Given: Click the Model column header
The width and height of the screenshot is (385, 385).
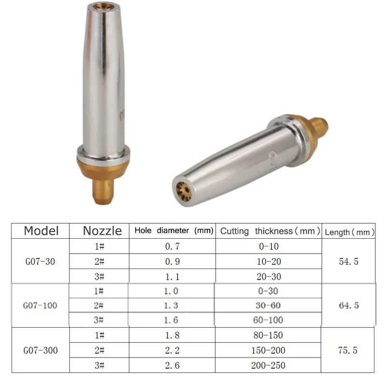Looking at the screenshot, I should pos(41,231).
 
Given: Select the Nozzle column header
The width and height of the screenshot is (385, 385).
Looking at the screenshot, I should pos(102,231).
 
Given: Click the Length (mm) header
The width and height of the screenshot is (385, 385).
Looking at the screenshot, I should pos(349,232).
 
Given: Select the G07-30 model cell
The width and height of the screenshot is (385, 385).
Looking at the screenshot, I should pos(41,262).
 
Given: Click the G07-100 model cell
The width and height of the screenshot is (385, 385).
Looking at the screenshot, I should pos(41,306).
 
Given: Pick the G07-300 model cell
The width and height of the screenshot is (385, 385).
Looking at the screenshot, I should pos(41,350).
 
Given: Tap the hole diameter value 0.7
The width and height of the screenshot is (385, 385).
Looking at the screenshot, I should pos(172,246).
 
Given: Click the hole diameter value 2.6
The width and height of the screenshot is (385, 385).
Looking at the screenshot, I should pos(172,365).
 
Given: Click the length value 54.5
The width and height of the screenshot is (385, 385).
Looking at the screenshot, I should pos(348,262).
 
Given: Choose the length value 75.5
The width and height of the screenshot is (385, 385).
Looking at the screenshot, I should pos(348,350).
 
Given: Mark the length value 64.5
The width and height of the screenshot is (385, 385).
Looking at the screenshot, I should pos(348,306).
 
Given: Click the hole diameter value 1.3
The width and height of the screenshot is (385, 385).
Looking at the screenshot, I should pos(172,306).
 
